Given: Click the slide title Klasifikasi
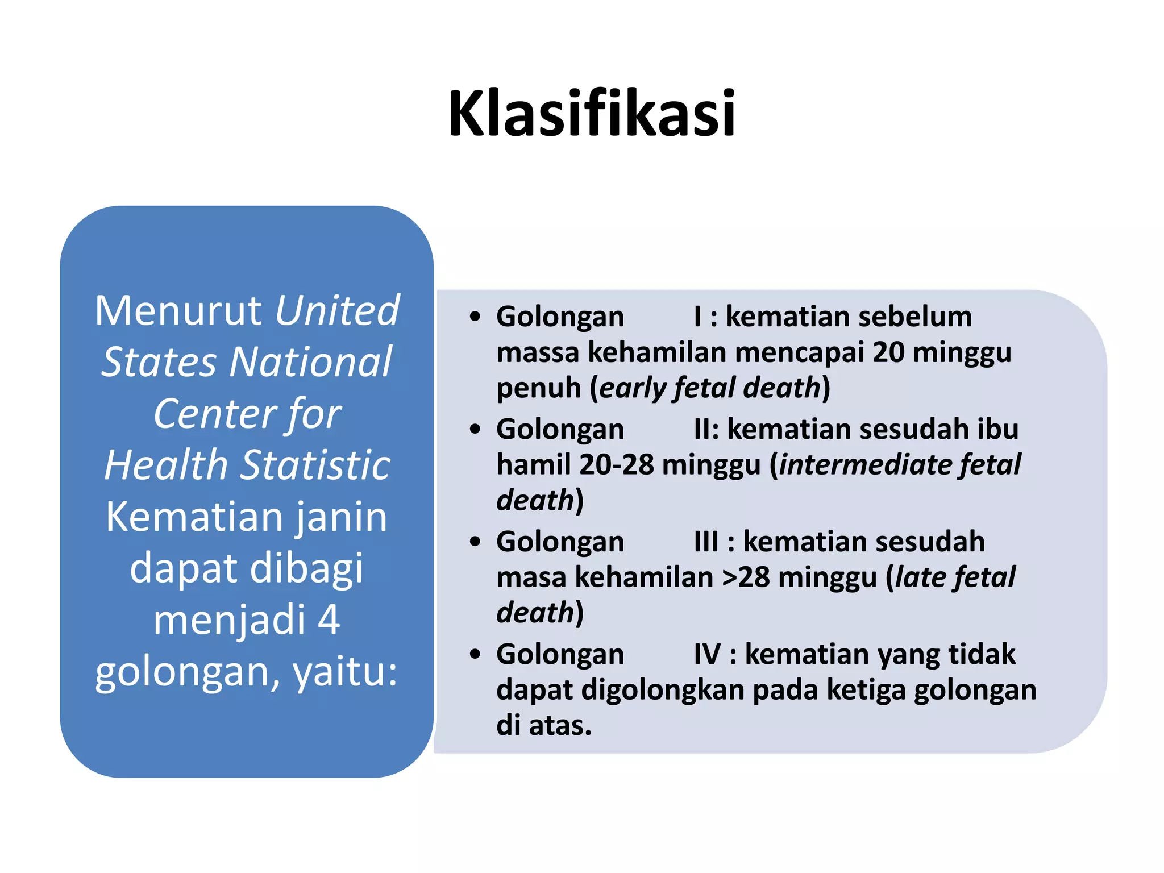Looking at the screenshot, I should (x=592, y=114).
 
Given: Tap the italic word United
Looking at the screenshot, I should (x=338, y=311).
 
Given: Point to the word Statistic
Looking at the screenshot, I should (x=317, y=465).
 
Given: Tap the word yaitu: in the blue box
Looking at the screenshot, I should (x=345, y=671).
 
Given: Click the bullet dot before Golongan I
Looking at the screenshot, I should (x=475, y=317).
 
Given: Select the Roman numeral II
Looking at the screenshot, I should (x=705, y=429).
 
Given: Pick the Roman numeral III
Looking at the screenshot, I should (x=706, y=542).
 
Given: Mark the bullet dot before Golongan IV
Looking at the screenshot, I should (x=475, y=654).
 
